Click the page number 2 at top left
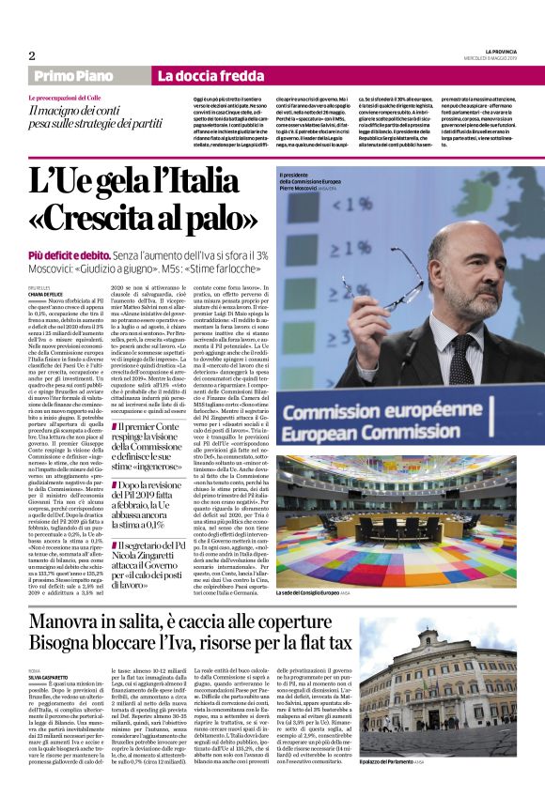(31, 55)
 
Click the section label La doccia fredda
(195, 75)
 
